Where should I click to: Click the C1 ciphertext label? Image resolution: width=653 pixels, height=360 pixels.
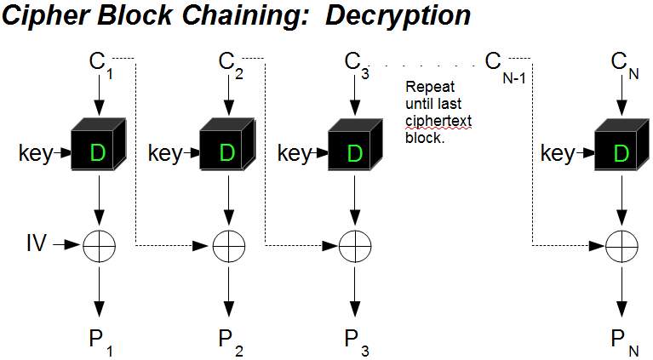pyautogui.click(x=100, y=63)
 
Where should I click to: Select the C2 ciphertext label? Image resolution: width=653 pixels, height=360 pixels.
pyautogui.click(x=228, y=63)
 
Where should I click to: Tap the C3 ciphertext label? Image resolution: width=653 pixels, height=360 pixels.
pyautogui.click(x=355, y=63)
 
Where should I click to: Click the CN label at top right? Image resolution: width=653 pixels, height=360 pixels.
pyautogui.click(x=625, y=63)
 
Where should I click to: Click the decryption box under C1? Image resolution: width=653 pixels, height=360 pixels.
pyautogui.click(x=97, y=151)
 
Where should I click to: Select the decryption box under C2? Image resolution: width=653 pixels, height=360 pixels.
pyautogui.click(x=226, y=151)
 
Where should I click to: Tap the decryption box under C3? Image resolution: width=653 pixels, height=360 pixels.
pyautogui.click(x=354, y=151)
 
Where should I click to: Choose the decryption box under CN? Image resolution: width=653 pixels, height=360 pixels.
pyautogui.click(x=620, y=151)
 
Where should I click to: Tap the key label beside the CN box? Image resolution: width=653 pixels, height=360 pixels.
pyautogui.click(x=558, y=153)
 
